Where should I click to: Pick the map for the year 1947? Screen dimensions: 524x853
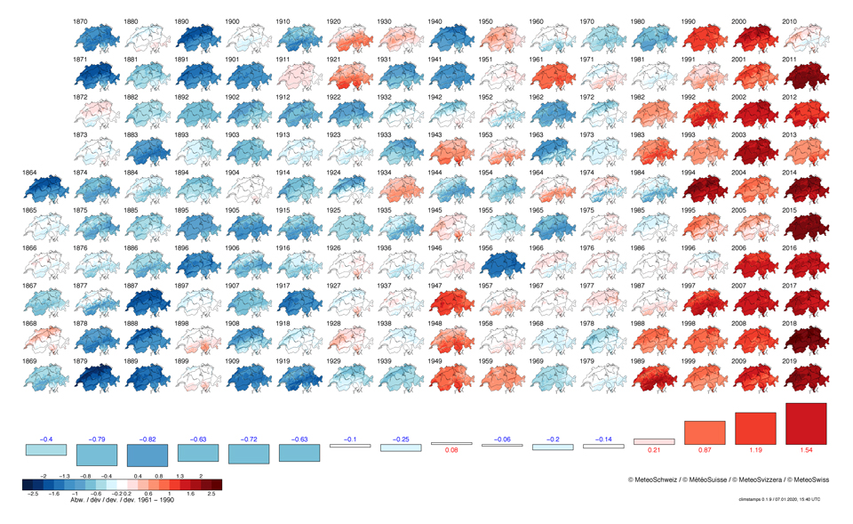pyautogui.click(x=450, y=303)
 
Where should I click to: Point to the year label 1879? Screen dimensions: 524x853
pyautogui.click(x=80, y=362)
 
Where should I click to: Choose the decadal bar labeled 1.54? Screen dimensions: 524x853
pyautogui.click(x=806, y=424)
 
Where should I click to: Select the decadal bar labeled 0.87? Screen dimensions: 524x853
pyautogui.click(x=705, y=433)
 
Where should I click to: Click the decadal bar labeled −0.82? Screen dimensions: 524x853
pyautogui.click(x=147, y=455)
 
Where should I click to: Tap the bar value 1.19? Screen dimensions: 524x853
pyautogui.click(x=755, y=451)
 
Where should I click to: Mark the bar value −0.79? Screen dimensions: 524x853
pyautogui.click(x=97, y=439)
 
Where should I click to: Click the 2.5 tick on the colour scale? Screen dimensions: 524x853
pyautogui.click(x=211, y=493)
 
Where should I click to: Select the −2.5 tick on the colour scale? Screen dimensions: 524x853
pyautogui.click(x=34, y=493)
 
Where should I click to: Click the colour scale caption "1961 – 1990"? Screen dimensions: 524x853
pyautogui.click(x=155, y=500)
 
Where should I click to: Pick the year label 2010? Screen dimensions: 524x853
pyautogui.click(x=789, y=21)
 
